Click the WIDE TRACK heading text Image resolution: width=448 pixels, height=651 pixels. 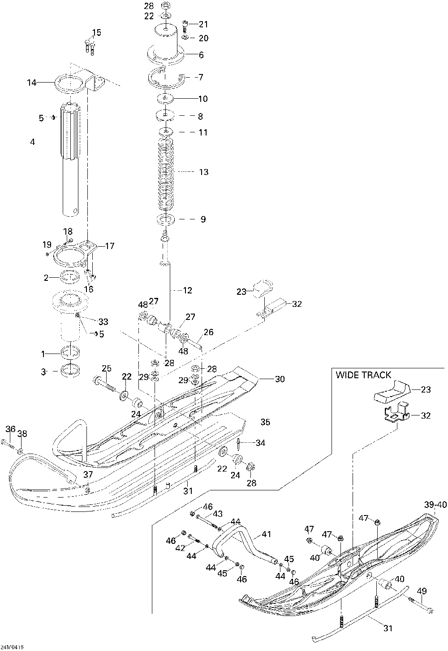point(363,375)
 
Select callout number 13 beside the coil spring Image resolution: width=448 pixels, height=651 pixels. point(204,172)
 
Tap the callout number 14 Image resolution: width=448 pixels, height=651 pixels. point(32,83)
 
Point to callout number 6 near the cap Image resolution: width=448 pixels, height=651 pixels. point(201,55)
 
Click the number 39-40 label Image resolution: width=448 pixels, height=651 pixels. point(435,505)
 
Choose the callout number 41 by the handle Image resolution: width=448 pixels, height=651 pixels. point(266,534)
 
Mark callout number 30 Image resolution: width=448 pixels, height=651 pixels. point(280,379)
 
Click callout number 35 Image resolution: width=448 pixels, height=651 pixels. point(265,422)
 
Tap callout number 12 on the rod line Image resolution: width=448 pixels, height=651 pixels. point(188,290)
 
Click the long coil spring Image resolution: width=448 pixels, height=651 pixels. point(165,175)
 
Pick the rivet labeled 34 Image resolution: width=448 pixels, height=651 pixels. point(239,443)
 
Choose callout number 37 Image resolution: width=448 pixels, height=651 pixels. point(88,475)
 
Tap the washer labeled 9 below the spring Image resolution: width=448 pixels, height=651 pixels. point(165,219)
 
